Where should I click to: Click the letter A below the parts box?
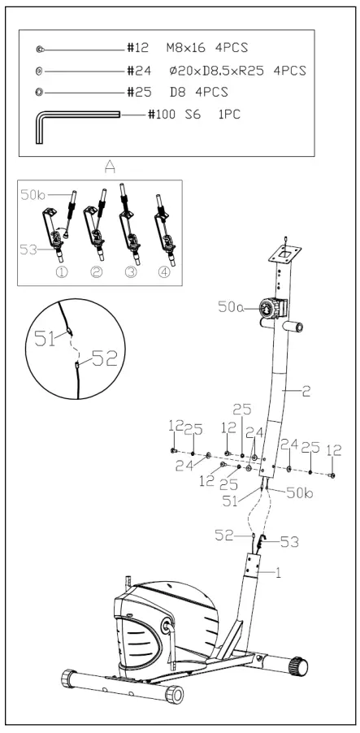coord(110,166)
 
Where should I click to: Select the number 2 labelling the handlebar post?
coord(306,393)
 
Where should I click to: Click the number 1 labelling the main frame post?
coord(277,571)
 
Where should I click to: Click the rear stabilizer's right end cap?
coord(301,666)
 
